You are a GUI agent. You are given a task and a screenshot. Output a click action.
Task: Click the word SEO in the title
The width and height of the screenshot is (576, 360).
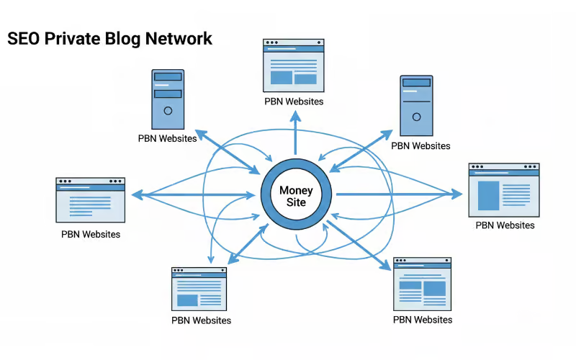pos(24,38)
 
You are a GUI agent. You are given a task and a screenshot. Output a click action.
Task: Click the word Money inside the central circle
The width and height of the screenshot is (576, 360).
pos(296,191)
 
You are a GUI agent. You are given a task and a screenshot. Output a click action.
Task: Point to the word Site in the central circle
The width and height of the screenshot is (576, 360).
pos(296,203)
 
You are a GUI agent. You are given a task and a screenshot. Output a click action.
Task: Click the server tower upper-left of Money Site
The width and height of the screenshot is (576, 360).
pos(168,99)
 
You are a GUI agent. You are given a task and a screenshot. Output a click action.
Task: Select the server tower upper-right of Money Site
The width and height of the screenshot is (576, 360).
pos(416,106)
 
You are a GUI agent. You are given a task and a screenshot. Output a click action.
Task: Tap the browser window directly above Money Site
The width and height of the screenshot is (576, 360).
pos(294,65)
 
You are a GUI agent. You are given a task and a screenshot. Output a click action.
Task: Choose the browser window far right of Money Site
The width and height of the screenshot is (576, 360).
pos(504,190)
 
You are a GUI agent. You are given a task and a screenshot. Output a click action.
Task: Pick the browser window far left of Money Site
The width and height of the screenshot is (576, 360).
pos(91,199)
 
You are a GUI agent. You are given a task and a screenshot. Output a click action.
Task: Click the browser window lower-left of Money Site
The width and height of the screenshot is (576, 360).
pos(199,289)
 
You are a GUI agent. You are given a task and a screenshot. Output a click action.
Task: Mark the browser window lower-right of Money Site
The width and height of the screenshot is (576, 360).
pos(422,284)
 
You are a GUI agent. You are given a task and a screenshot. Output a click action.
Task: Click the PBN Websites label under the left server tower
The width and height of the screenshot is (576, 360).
pos(168,138)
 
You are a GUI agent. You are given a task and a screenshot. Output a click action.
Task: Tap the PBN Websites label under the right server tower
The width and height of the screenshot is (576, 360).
pos(420,146)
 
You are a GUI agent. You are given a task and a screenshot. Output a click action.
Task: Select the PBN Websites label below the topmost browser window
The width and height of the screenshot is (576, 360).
pos(294,102)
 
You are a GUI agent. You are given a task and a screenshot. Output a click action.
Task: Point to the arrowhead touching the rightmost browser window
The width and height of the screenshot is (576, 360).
pos(457,194)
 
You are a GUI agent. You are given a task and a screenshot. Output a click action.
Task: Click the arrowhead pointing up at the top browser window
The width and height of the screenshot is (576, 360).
pos(294,117)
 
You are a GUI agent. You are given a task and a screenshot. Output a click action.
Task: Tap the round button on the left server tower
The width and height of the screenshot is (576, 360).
pos(168,111)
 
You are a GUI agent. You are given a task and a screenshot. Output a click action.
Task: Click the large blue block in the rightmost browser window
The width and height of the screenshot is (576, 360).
pos(489,195)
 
